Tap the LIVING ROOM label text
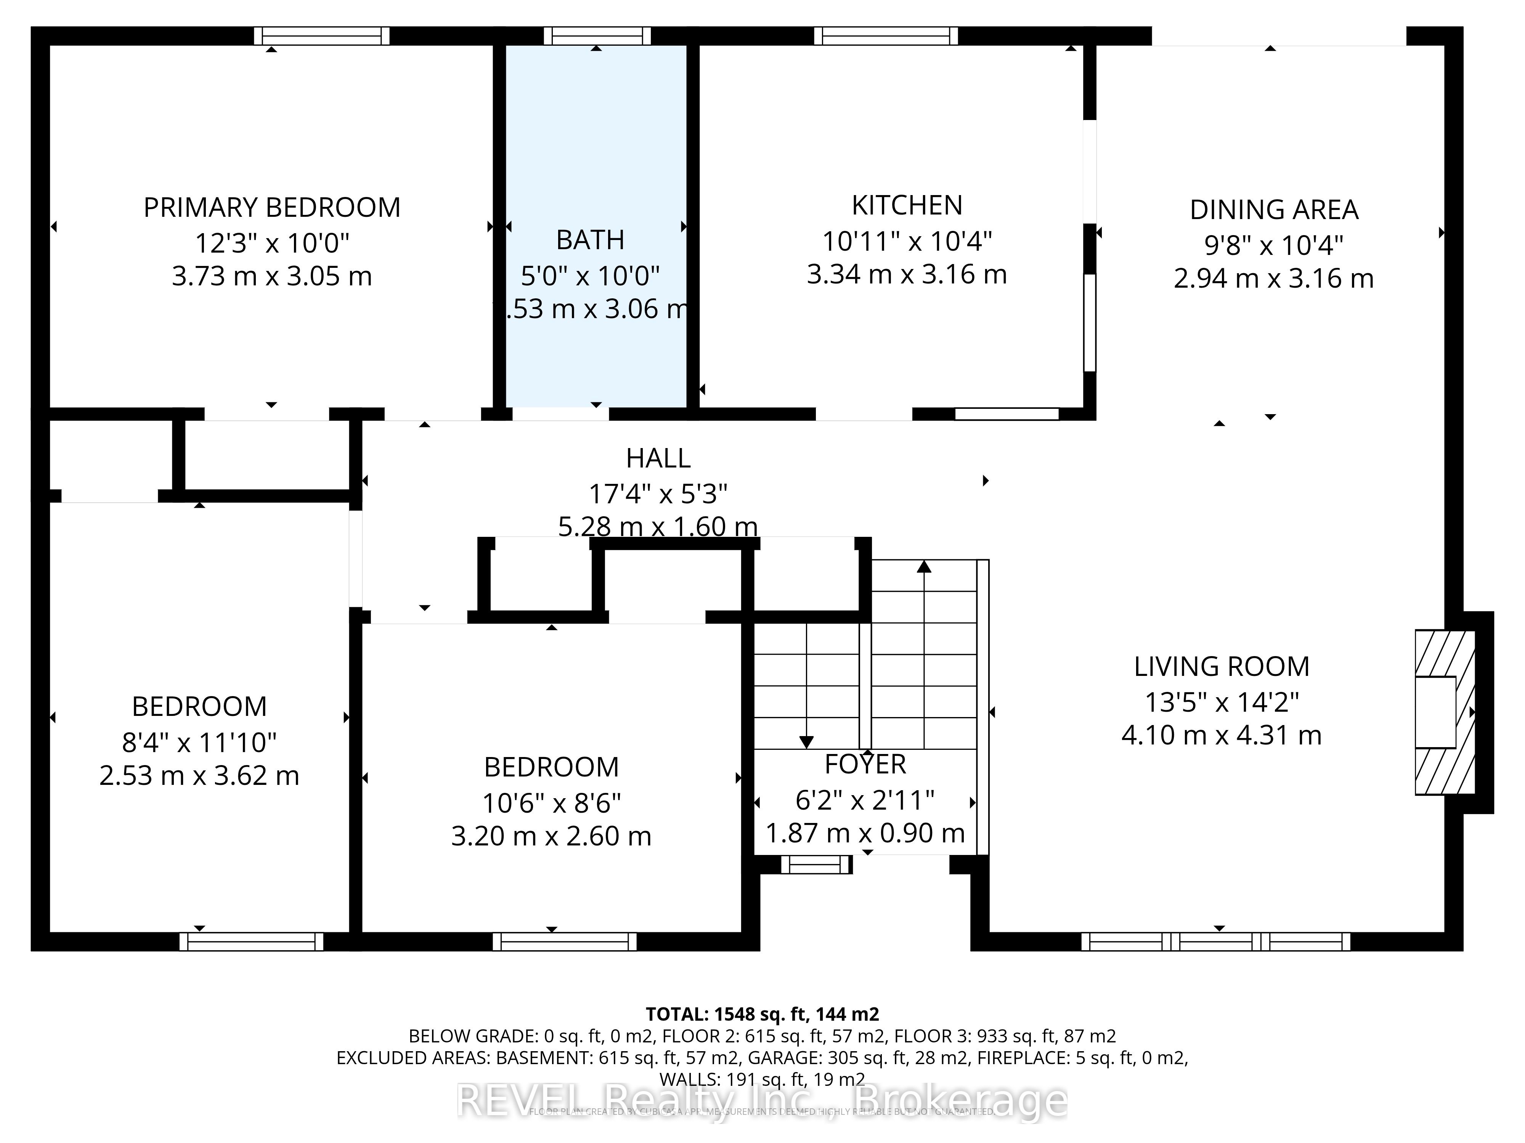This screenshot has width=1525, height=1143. (x=1221, y=667)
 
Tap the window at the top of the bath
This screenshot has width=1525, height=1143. (x=596, y=36)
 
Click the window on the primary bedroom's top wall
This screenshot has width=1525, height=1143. (x=321, y=36)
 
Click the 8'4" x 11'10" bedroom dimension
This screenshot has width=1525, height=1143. (x=199, y=743)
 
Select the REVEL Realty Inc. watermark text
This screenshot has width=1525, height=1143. (x=762, y=1101)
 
